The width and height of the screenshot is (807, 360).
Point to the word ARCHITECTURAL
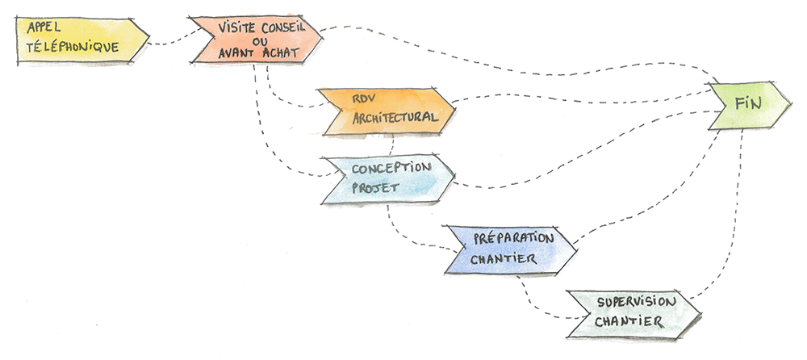[395, 119]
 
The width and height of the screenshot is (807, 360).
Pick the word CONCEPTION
[392, 167]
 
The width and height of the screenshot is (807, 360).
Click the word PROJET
[370, 190]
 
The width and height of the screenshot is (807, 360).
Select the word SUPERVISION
[637, 302]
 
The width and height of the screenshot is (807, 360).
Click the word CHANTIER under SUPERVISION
[629, 322]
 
